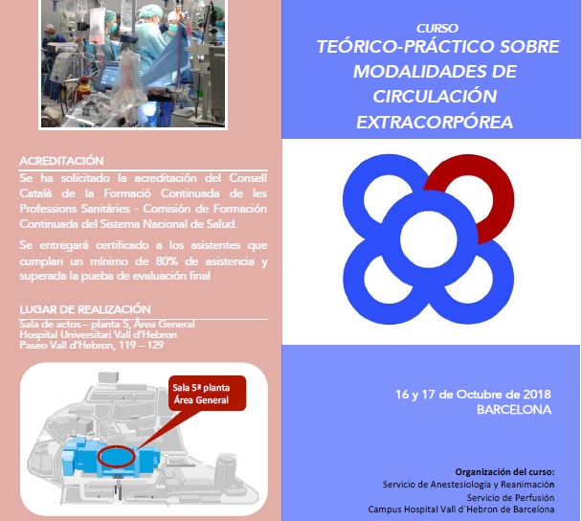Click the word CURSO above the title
pyautogui.click(x=437, y=28)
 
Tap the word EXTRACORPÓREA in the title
pyautogui.click(x=435, y=123)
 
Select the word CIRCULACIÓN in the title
pyautogui.click(x=435, y=97)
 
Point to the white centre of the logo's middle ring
pyautogui.click(x=429, y=239)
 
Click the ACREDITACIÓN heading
pyautogui.click(x=61, y=161)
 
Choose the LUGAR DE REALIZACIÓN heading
pyautogui.click(x=85, y=309)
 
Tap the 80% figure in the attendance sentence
pyautogui.click(x=167, y=261)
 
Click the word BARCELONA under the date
pyautogui.click(x=514, y=410)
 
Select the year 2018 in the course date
pyautogui.click(x=537, y=394)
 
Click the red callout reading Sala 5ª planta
pyautogui.click(x=207, y=394)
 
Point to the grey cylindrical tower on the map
pyautogui.click(x=225, y=469)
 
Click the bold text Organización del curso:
pyautogui.click(x=504, y=472)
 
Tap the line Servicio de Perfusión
pyautogui.click(x=510, y=498)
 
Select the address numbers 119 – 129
pyautogui.click(x=141, y=345)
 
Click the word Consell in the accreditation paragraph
pyautogui.click(x=248, y=178)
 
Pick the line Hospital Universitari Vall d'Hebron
pyautogui.click(x=99, y=334)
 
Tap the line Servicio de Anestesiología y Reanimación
pyautogui.click(x=468, y=485)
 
